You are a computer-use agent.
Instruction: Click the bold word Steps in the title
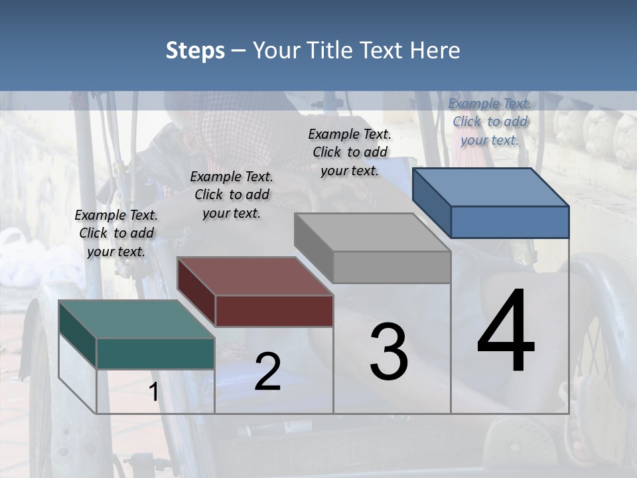point(195,50)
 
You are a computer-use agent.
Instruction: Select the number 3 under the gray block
point(389,352)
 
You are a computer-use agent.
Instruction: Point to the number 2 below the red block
point(267,371)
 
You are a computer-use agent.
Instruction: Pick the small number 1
point(153,392)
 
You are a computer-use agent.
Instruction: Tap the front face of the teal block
point(155,353)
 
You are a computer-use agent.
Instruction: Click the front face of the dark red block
point(274,311)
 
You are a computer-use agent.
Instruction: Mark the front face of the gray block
point(391,267)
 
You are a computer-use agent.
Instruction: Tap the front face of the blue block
point(510,222)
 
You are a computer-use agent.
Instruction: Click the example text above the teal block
point(116,233)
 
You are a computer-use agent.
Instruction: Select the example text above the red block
point(231,195)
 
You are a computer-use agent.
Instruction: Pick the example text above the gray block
point(350,152)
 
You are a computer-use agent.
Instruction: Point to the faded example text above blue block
point(490,121)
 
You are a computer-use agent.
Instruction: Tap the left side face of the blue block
point(431,203)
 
